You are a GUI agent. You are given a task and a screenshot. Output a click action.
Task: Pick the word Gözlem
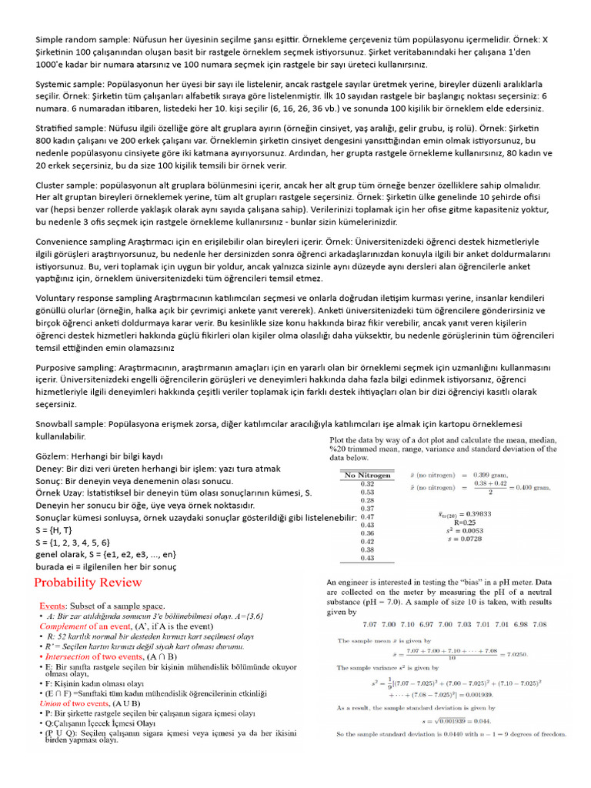51,456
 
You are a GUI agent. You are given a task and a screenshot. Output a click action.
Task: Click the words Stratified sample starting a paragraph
70,127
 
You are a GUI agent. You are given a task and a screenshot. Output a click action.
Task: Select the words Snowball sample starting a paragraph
68,424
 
